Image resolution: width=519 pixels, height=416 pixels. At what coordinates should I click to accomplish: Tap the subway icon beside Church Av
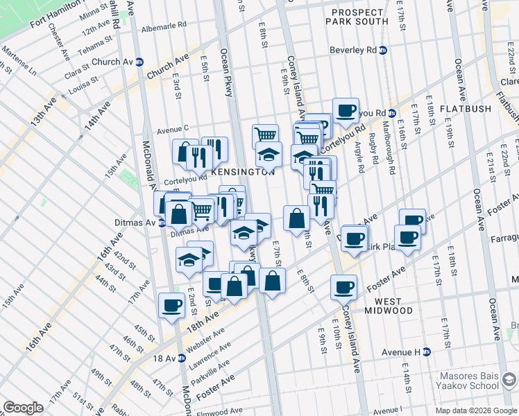139,61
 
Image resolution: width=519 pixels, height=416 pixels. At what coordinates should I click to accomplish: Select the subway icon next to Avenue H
426,352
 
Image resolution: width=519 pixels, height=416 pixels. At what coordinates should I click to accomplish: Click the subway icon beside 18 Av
181,358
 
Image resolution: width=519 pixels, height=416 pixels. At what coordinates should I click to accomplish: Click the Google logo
23,407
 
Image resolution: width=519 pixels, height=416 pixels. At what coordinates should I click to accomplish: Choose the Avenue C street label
173,129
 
